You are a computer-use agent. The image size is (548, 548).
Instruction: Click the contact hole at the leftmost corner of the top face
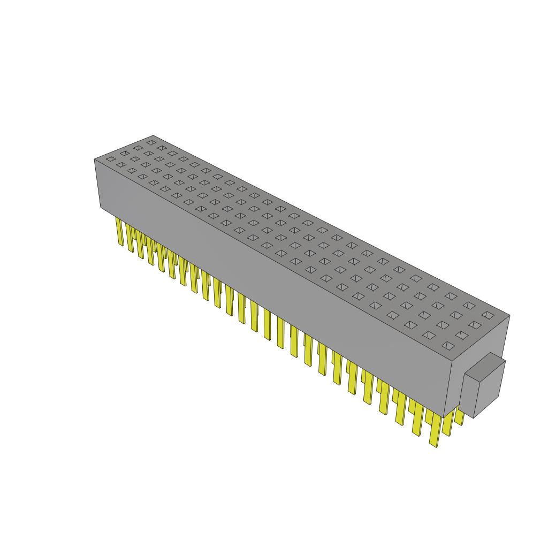(110, 158)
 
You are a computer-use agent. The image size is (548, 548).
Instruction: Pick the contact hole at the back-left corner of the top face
(151, 143)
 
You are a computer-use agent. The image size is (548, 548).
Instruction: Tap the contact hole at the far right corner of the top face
(486, 315)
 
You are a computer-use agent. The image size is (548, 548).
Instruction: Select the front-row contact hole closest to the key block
(446, 346)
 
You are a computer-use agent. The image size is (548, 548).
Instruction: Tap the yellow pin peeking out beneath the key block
(459, 417)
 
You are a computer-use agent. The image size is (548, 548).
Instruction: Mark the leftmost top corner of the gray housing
(95, 159)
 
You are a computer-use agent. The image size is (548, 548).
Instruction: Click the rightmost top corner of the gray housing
(509, 315)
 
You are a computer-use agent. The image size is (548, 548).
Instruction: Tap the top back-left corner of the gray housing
(154, 135)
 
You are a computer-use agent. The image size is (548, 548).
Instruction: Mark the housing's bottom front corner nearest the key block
(444, 416)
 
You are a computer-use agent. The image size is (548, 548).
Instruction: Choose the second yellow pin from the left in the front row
(130, 237)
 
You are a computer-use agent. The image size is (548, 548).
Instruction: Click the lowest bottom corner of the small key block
(474, 417)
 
